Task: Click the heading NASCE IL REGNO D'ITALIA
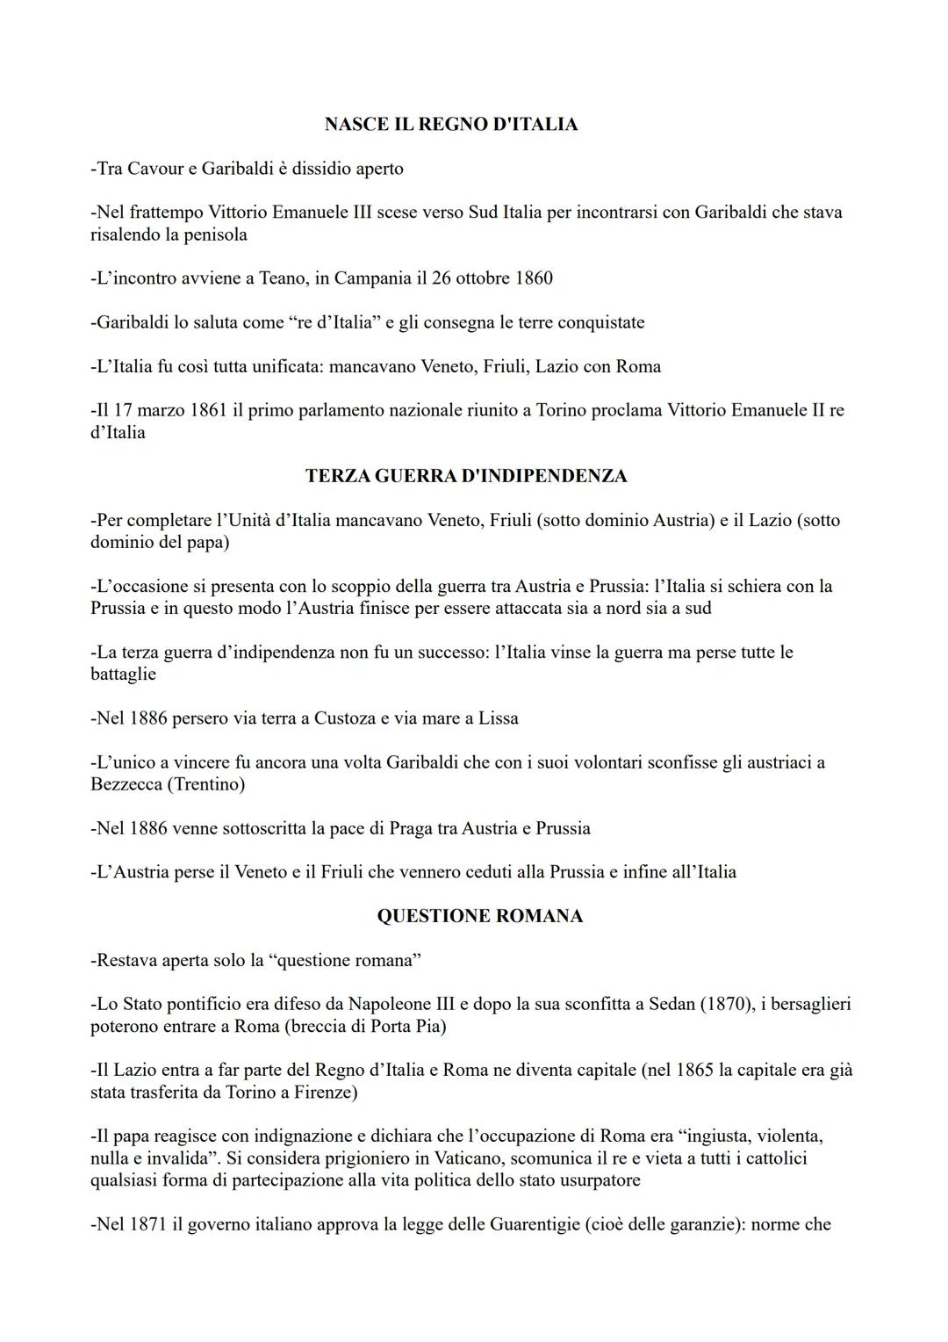pos(450,125)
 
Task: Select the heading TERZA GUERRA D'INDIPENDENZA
pos(466,476)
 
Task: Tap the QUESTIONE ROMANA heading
pos(479,916)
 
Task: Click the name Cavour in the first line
pos(155,169)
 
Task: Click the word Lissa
pos(498,718)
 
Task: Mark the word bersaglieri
pos(804,1004)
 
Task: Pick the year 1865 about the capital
pos(696,1071)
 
